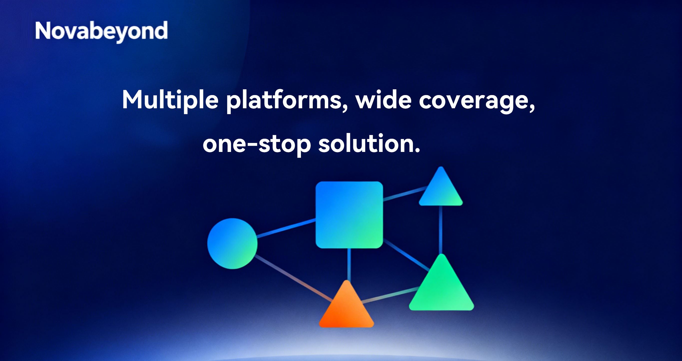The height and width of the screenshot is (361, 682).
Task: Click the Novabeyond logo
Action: [101, 32]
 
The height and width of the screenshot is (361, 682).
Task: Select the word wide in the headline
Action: [383, 100]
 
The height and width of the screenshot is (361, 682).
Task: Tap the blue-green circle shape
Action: [232, 243]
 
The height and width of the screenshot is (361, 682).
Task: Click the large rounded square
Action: [349, 215]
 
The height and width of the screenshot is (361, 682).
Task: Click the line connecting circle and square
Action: [287, 228]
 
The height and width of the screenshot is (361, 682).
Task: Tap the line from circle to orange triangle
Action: [294, 278]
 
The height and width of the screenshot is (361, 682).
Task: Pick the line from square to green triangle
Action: [407, 255]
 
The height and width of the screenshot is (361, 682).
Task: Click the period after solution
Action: [417, 151]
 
